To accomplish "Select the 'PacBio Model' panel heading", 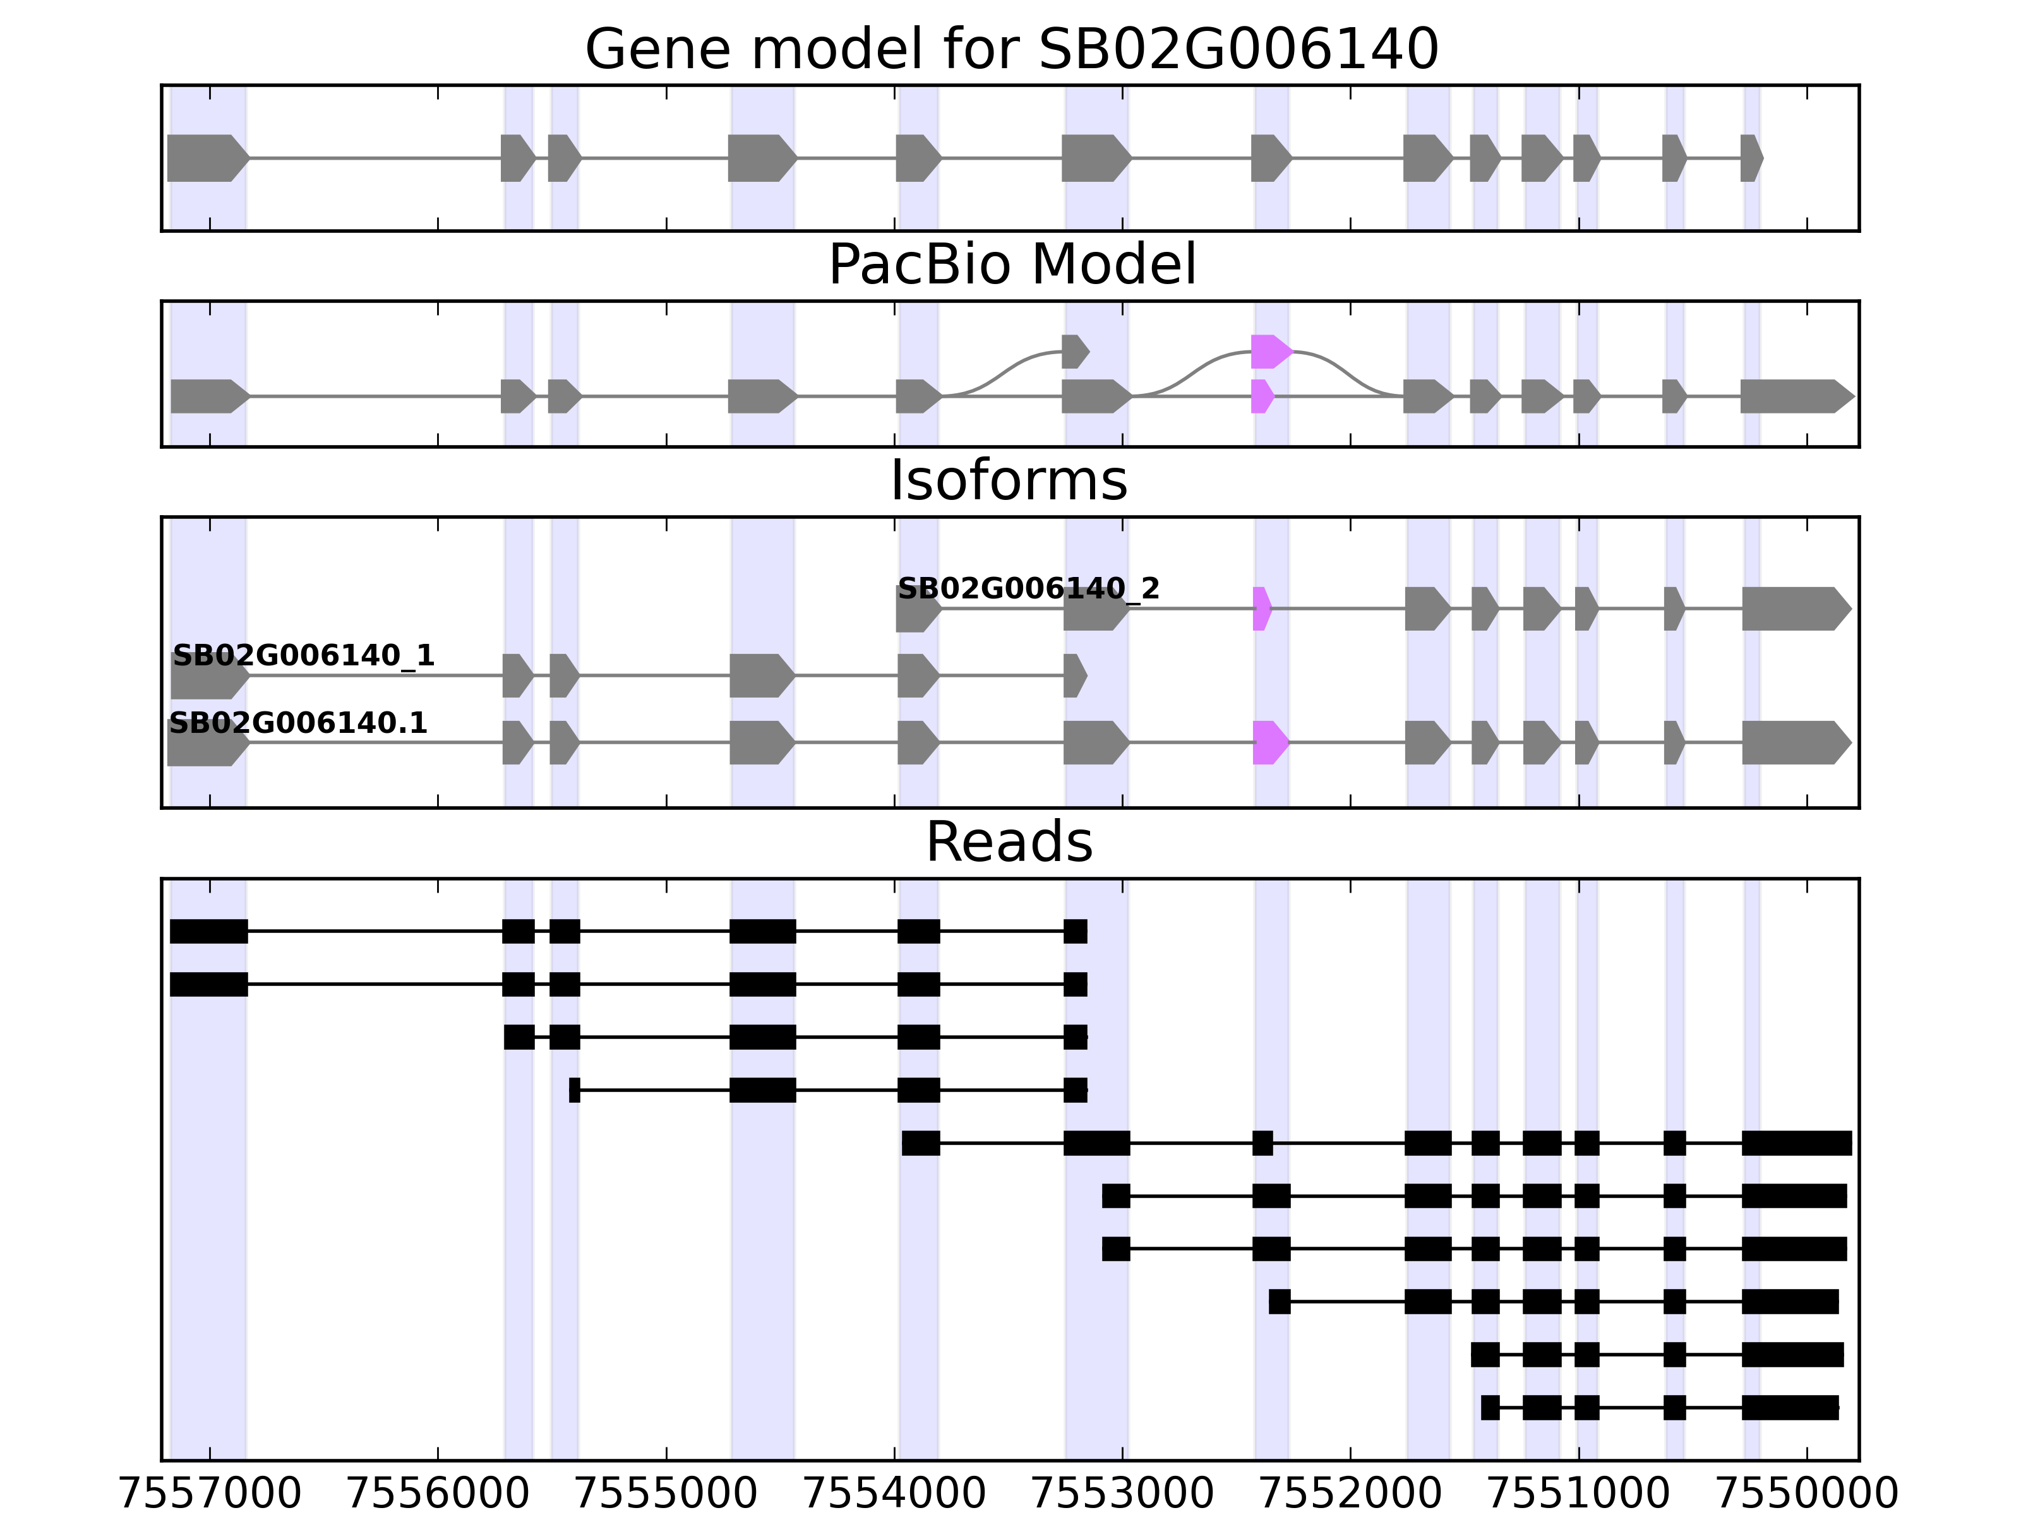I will pyautogui.click(x=1011, y=265).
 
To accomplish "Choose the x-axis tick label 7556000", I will pyautogui.click(x=438, y=1495).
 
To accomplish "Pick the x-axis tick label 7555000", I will pyautogui.click(x=666, y=1495).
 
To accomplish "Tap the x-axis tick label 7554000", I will pyautogui.click(x=894, y=1495).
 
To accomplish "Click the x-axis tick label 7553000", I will pyautogui.click(x=1123, y=1495).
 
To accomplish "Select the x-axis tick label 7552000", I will pyautogui.click(x=1350, y=1495).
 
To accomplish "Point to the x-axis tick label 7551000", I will pyautogui.click(x=1579, y=1495).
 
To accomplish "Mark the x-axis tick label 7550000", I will pyautogui.click(x=1807, y=1495).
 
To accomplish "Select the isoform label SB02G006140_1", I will pyautogui.click(x=303, y=656).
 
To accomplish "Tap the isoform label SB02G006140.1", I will pyautogui.click(x=298, y=723).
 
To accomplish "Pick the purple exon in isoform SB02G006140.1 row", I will pyautogui.click(x=1269, y=742).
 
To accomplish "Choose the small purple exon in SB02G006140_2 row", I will pyautogui.click(x=1261, y=608).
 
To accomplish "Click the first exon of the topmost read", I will pyautogui.click(x=208, y=932).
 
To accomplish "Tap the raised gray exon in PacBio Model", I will pyautogui.click(x=1074, y=352).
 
